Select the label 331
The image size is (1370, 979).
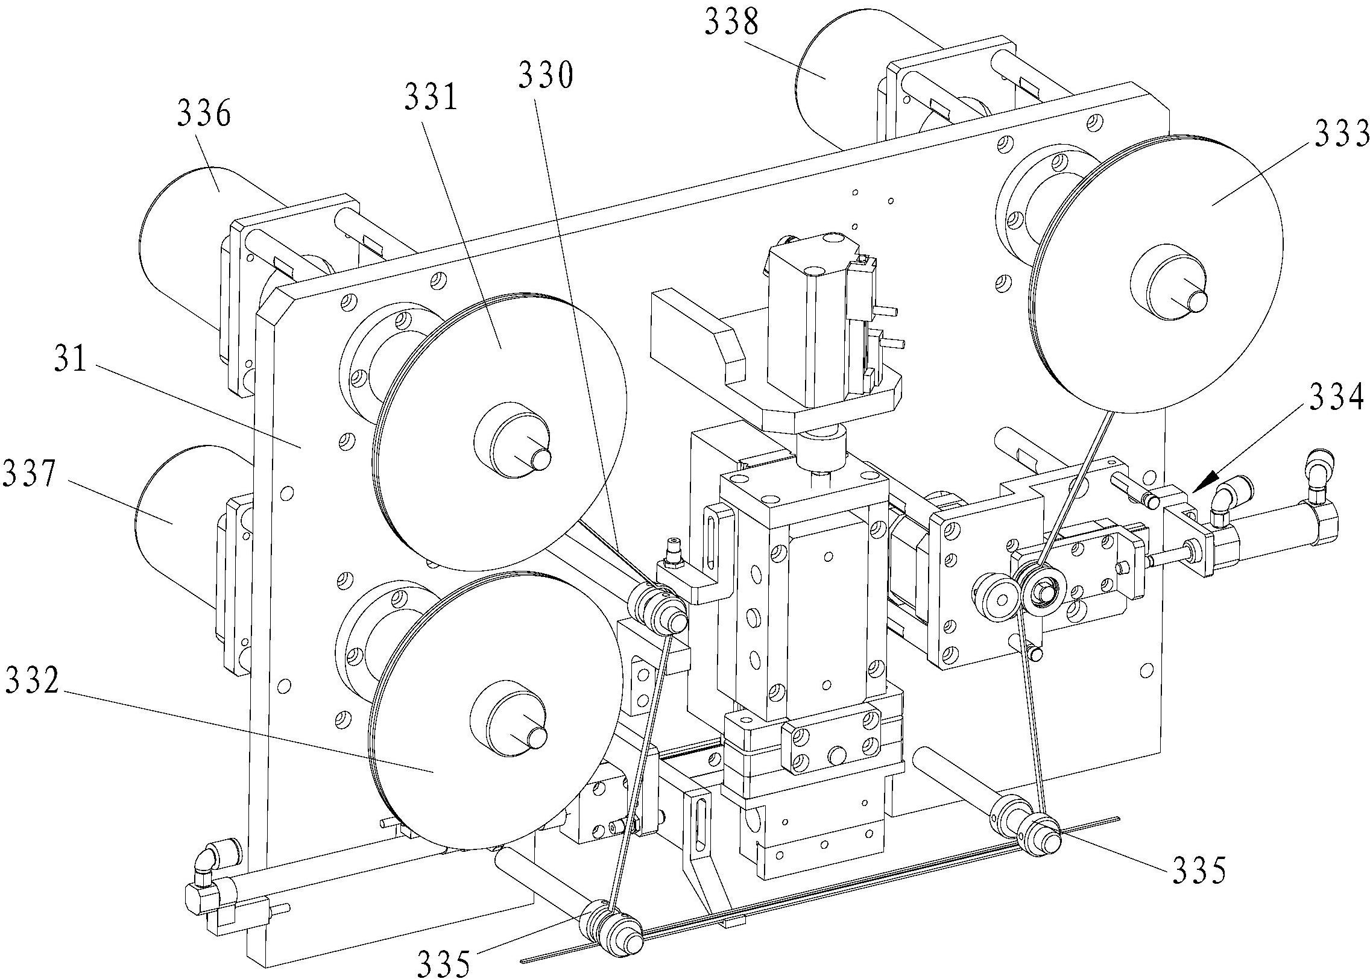[x=431, y=97]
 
